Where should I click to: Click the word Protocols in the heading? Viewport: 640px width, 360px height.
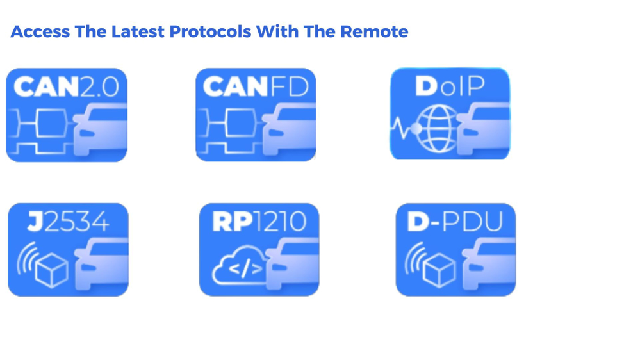pos(210,32)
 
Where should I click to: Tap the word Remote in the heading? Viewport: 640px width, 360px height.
pos(374,32)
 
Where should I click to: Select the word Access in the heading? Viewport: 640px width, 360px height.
pos(40,32)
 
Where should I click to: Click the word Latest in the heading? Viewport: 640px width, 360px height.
pos(138,32)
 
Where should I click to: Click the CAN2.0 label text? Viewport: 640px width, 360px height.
pos(67,86)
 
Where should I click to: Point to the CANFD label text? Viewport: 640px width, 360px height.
pos(256,86)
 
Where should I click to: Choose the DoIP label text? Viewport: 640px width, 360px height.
pos(450,86)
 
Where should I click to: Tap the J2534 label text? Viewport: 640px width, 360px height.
pos(68,222)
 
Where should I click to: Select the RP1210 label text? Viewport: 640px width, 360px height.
pos(259,222)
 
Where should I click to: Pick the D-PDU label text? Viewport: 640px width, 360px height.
pos(455,222)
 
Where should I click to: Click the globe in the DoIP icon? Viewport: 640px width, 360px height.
pos(438,128)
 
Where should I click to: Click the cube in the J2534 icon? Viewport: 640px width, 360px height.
pos(52,270)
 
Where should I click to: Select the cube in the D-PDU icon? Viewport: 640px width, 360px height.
pos(439,270)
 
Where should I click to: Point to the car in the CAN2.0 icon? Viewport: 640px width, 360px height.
pos(101,130)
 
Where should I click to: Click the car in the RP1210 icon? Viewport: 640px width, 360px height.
pos(292,264)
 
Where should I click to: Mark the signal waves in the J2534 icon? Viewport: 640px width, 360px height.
pos(26,258)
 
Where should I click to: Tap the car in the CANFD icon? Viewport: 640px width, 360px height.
pos(289,129)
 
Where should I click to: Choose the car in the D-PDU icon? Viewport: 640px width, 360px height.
pos(489,264)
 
